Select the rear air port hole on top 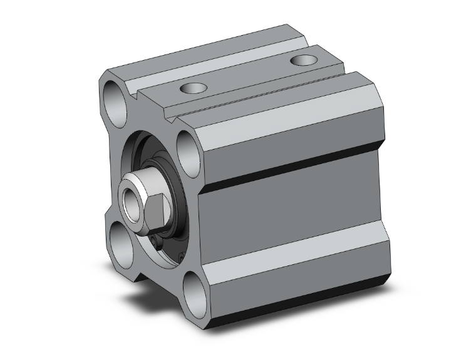click(x=305, y=60)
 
